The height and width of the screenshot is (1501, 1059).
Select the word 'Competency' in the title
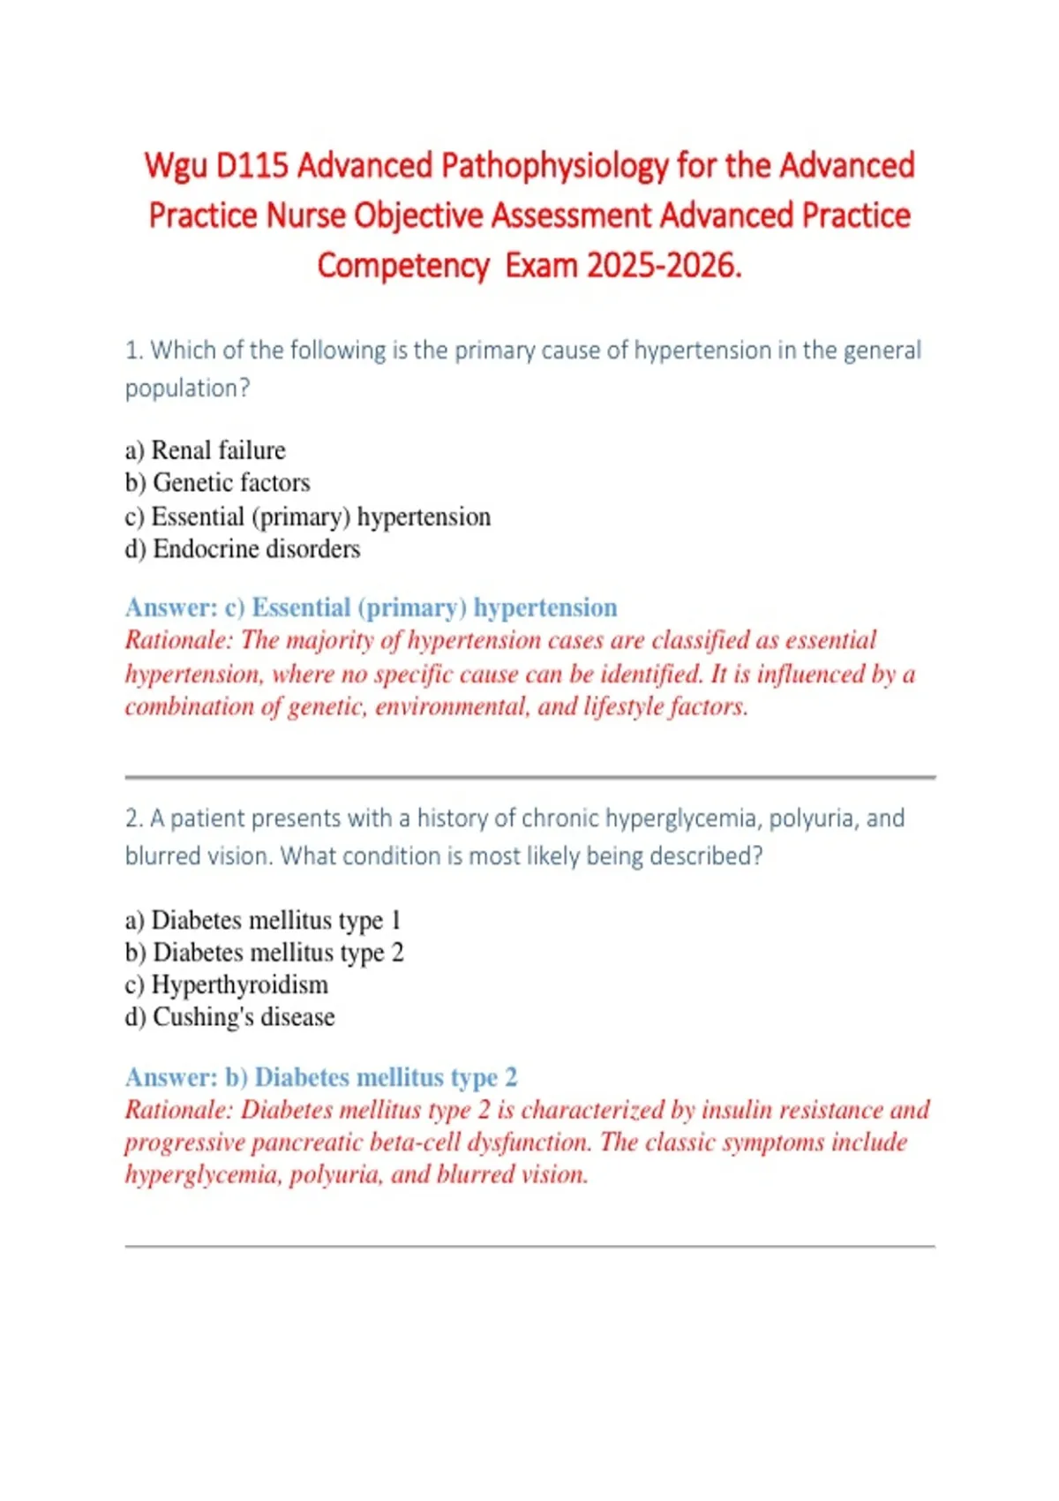click(x=402, y=265)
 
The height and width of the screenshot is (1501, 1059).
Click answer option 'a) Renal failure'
click(x=206, y=450)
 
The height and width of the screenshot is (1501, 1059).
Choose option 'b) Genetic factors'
click(x=218, y=483)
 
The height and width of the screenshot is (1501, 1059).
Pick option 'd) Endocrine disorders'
click(x=243, y=549)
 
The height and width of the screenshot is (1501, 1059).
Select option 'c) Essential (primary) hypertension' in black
click(x=308, y=517)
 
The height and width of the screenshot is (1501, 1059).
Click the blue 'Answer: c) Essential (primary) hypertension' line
click(x=371, y=607)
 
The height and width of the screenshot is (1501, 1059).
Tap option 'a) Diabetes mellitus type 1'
click(x=263, y=920)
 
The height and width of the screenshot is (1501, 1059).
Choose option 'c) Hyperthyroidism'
click(x=227, y=984)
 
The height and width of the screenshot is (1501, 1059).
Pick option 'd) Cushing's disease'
click(x=230, y=1017)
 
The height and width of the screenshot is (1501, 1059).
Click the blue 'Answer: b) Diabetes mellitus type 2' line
click(x=321, y=1077)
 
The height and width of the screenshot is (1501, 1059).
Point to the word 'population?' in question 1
click(x=187, y=388)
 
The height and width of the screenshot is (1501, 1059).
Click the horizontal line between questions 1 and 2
click(x=529, y=778)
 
